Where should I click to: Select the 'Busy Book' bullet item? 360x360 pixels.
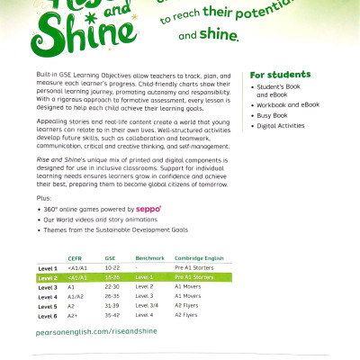click(273, 115)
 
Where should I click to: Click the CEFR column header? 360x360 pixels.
click(75, 256)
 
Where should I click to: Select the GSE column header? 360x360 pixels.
click(110, 256)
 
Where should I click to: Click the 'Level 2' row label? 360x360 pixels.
click(48, 278)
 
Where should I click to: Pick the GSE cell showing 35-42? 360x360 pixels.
click(112, 316)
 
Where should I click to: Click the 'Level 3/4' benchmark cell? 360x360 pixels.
click(147, 306)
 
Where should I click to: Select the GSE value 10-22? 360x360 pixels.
click(112, 268)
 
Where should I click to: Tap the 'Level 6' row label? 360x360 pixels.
click(48, 316)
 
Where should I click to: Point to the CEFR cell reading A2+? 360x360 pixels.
click(73, 316)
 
